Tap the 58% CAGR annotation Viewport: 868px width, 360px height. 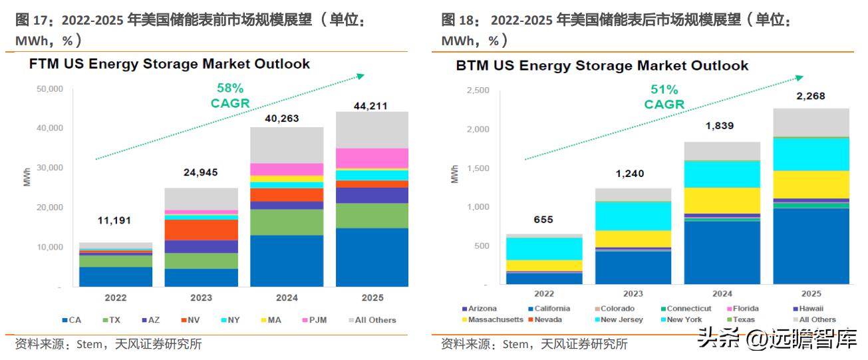tap(229, 95)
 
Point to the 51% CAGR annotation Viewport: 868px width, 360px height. tap(664, 96)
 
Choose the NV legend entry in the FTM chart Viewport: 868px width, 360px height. tap(190, 320)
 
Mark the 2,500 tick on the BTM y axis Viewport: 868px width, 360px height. tap(478, 90)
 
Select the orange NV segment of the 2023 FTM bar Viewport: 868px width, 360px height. tap(201, 230)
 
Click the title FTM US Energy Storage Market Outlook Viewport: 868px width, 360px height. tap(169, 65)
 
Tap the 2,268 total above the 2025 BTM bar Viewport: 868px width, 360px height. tap(811, 96)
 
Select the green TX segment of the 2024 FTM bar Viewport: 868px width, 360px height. tap(287, 222)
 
